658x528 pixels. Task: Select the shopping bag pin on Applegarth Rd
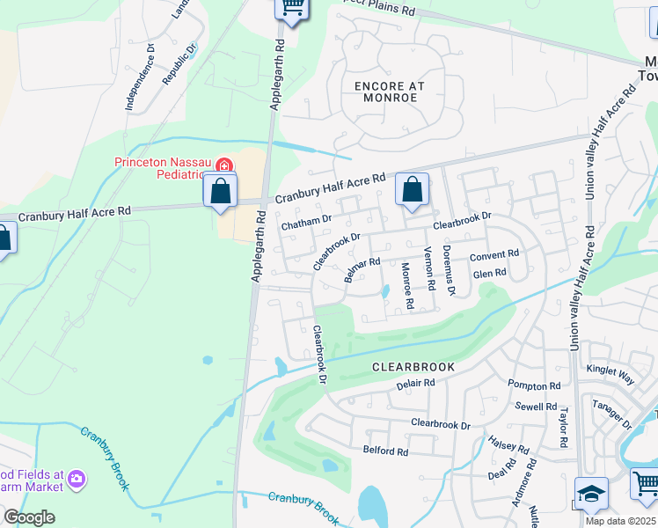220,190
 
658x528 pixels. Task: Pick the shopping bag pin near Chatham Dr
411,189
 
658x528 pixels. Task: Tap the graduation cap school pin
591,494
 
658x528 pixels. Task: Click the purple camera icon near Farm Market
78,478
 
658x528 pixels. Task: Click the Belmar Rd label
362,269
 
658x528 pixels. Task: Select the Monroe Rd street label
407,285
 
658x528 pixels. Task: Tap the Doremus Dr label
449,269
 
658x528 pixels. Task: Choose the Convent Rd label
493,255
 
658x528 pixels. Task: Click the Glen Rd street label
490,274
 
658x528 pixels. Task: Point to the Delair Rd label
415,384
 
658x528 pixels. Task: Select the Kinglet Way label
610,373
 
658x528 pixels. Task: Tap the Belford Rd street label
385,451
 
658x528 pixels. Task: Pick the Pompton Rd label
534,386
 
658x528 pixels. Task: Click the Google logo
29,517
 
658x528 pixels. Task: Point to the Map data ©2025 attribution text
620,521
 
